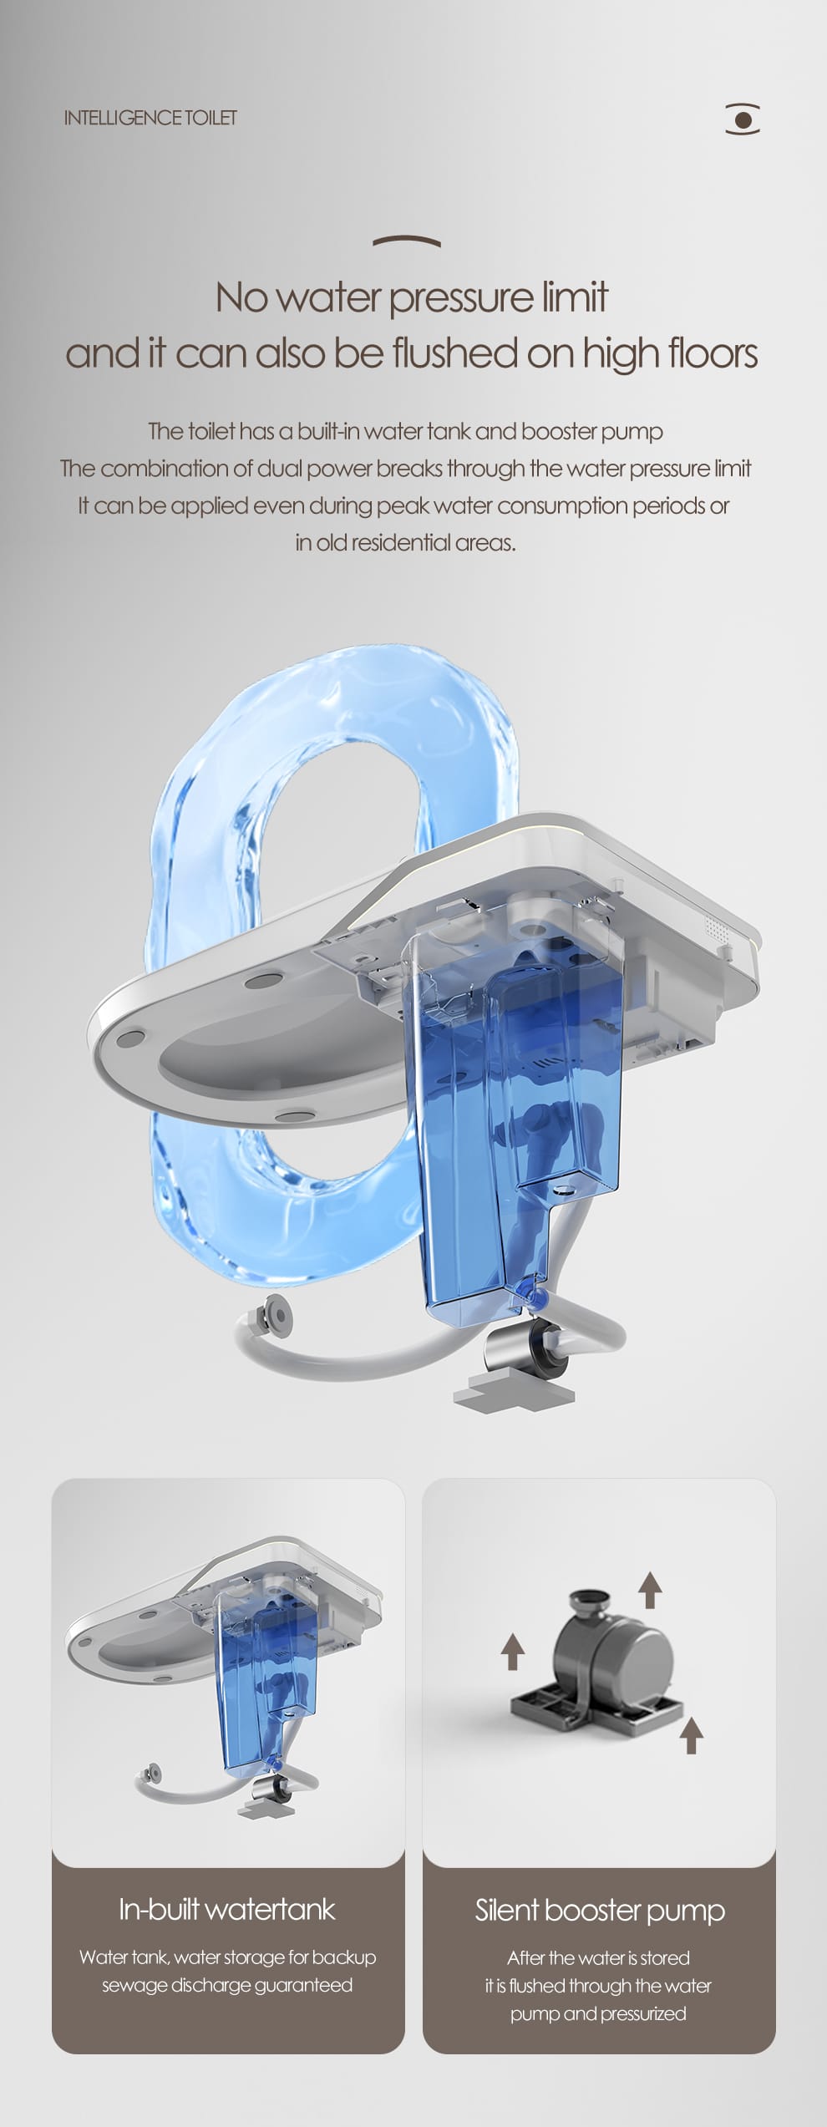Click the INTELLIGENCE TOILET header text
pos(150,118)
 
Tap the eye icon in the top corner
pos(743,119)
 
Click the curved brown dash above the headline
pos(407,241)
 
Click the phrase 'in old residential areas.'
pos(405,543)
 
